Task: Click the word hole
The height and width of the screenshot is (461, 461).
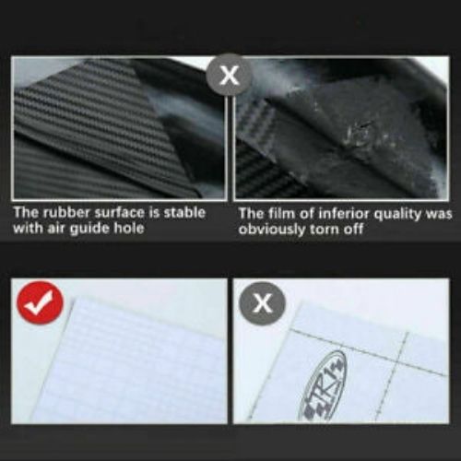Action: click(129, 228)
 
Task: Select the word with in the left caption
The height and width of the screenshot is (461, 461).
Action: click(27, 228)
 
